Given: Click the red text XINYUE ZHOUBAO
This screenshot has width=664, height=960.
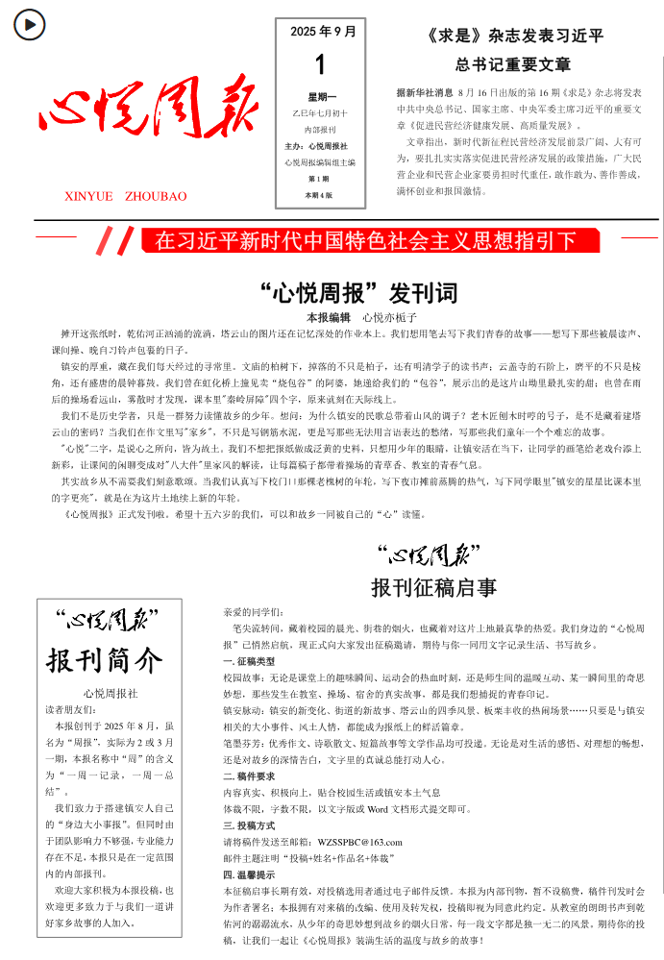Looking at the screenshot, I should pyautogui.click(x=126, y=196).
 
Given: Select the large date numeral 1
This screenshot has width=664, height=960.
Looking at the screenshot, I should pyautogui.click(x=321, y=65).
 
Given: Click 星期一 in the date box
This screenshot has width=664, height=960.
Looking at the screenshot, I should pyautogui.click(x=322, y=97).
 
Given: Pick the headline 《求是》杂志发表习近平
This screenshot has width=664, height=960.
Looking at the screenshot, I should pyautogui.click(x=513, y=37).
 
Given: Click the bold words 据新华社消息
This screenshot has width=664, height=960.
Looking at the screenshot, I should pyautogui.click(x=424, y=93).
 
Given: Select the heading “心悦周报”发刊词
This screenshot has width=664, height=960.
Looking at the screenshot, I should pyautogui.click(x=358, y=292).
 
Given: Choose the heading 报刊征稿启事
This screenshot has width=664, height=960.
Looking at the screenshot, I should pyautogui.click(x=433, y=587).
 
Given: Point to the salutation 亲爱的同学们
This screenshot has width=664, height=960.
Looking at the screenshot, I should pyautogui.click(x=253, y=611).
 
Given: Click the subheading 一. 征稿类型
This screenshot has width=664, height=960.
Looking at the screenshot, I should pyautogui.click(x=249, y=662).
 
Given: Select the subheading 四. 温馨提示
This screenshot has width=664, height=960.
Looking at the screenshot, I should pyautogui.click(x=249, y=874).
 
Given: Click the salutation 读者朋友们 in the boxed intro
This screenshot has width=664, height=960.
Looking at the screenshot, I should pyautogui.click(x=72, y=710).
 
